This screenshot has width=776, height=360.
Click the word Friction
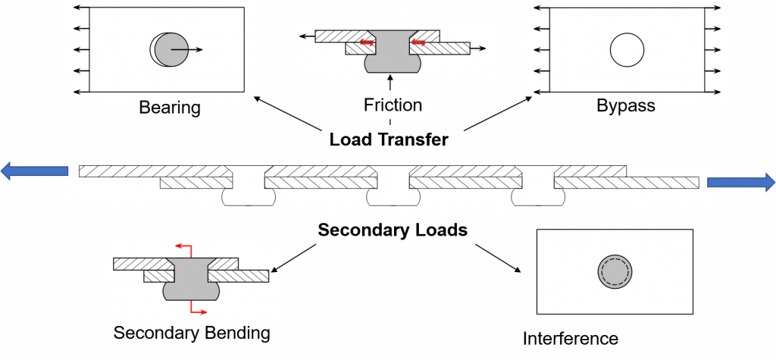point(393,105)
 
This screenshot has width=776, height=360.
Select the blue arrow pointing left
point(34,172)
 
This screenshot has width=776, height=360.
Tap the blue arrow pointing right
point(741,183)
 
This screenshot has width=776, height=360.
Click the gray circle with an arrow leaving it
point(171,49)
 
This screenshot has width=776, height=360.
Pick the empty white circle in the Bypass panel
point(627,50)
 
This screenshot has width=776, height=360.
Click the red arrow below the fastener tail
point(199,311)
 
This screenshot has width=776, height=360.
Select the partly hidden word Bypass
point(626,102)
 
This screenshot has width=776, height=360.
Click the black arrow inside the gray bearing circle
point(186,49)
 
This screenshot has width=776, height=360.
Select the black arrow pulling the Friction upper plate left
point(307,35)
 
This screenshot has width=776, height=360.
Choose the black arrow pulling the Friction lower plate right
point(478,49)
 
